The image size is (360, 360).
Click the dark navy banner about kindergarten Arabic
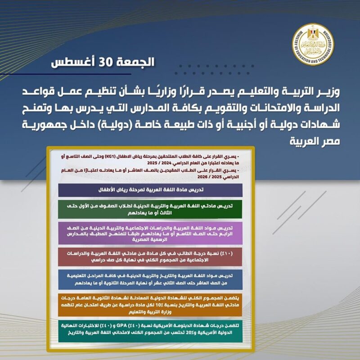point(150,189)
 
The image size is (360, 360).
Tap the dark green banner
point(150,208)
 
